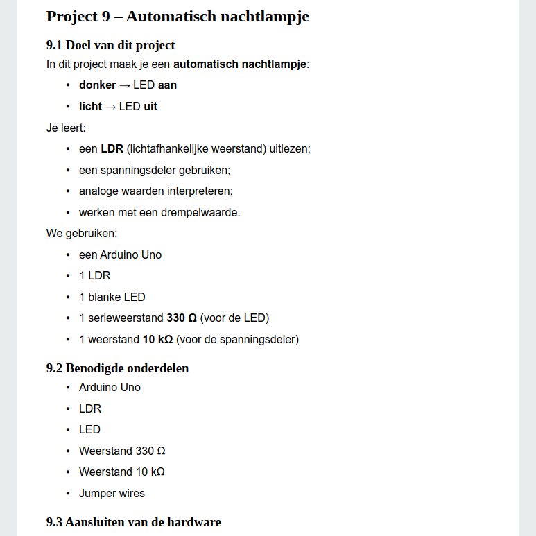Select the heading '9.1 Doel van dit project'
click(110, 46)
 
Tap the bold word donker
click(97, 85)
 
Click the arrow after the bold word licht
click(110, 107)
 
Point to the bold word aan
click(167, 85)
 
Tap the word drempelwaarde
click(205, 212)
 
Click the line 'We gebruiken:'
click(82, 233)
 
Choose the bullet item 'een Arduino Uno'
click(120, 254)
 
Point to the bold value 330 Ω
click(182, 318)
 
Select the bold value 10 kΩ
click(158, 339)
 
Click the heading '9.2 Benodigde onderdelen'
click(117, 368)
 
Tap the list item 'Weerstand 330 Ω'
click(122, 451)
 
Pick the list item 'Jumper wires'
click(112, 494)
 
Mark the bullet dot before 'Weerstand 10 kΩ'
click(68, 472)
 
